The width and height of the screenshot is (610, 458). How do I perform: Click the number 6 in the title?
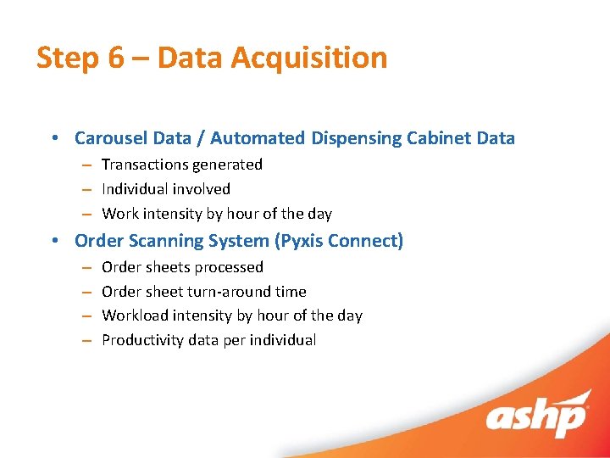(115, 58)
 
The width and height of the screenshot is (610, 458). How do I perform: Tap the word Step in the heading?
(68, 58)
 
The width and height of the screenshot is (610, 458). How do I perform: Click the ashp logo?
(537, 417)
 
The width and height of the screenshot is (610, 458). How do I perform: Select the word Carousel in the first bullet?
(109, 138)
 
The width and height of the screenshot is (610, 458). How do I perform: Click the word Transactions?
(146, 165)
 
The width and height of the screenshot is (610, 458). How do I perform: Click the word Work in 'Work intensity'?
(119, 214)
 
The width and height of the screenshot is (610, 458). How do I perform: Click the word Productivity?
(142, 340)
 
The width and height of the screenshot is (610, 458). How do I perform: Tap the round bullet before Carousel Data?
(53, 138)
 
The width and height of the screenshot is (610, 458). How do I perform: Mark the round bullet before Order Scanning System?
(53, 241)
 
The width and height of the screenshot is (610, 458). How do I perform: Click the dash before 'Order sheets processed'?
(86, 267)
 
